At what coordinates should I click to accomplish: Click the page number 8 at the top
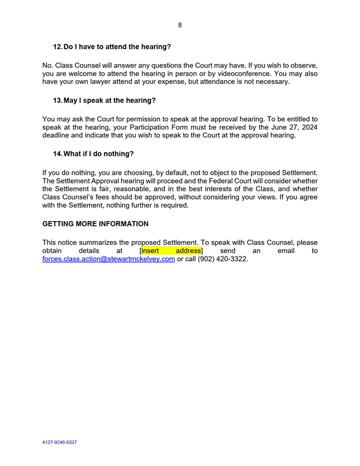point(180,25)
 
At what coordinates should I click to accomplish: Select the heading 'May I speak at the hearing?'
point(109,100)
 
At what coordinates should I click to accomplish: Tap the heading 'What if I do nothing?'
point(98,154)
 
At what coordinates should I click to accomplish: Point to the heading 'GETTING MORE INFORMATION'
point(95,223)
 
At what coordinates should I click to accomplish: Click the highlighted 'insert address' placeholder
point(172,251)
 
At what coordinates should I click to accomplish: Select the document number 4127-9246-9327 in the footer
point(60,442)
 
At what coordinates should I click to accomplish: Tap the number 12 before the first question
point(57,46)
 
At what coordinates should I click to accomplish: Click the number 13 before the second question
point(57,100)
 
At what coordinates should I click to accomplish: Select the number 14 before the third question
point(57,154)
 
